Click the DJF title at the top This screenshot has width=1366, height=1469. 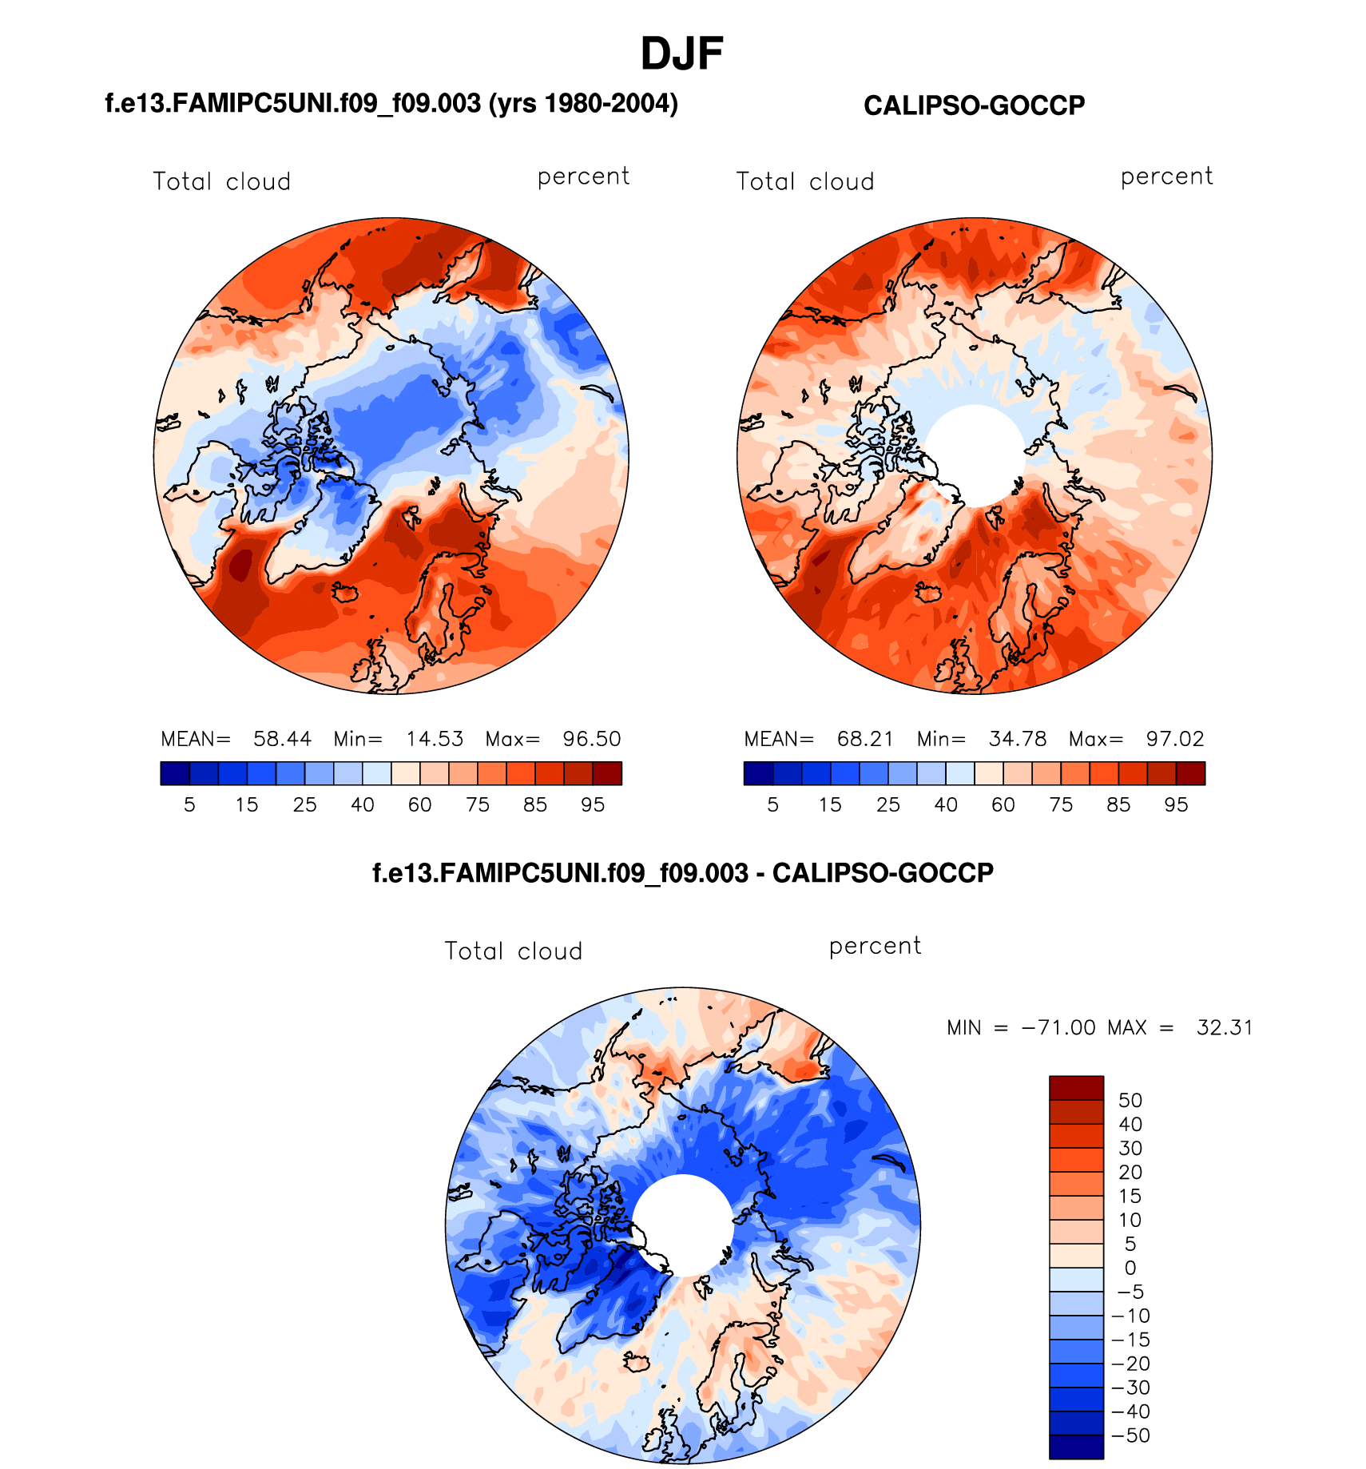tap(681, 54)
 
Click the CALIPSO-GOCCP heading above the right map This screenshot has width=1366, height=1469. tap(974, 105)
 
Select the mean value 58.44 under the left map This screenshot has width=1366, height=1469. tap(282, 739)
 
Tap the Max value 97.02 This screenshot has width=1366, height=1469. tap(1174, 739)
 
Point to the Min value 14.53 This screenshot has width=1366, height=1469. tap(435, 739)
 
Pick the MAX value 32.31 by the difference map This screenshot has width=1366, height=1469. tap(1224, 1027)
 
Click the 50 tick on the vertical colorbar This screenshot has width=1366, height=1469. tap(1130, 1101)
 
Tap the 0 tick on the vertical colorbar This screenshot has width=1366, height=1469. tap(1130, 1268)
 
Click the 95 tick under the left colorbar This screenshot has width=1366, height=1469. tap(593, 805)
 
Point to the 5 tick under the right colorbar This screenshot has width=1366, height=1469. tap(772, 805)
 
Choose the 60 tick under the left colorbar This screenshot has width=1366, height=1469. tap(420, 805)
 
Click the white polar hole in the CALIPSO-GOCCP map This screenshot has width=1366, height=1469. tap(975, 454)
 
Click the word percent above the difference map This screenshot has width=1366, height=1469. tap(875, 947)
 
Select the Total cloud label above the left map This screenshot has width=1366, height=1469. tap(222, 182)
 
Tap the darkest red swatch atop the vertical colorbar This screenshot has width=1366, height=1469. tap(1076, 1088)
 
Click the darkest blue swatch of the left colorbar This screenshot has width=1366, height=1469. tap(175, 773)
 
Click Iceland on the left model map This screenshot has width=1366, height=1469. tap(345, 593)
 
